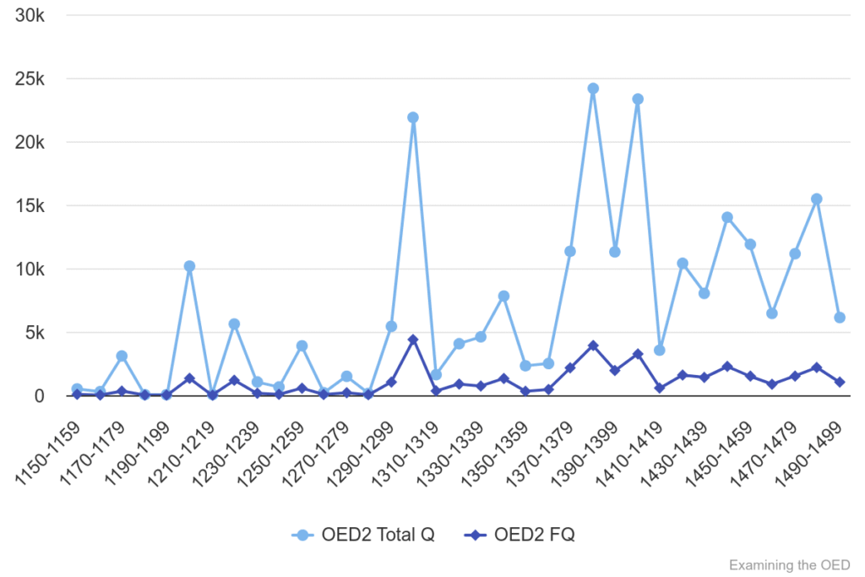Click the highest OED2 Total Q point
(x=593, y=89)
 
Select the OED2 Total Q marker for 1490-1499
(x=840, y=318)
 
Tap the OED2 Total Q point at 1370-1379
(x=570, y=252)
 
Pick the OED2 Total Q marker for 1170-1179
(x=122, y=357)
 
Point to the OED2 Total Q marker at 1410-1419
(x=660, y=351)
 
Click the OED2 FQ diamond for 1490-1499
(x=840, y=382)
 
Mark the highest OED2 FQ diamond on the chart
(x=413, y=340)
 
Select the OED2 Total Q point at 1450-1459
(x=750, y=244)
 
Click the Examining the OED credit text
(x=789, y=564)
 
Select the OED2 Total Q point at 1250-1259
(x=302, y=346)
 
